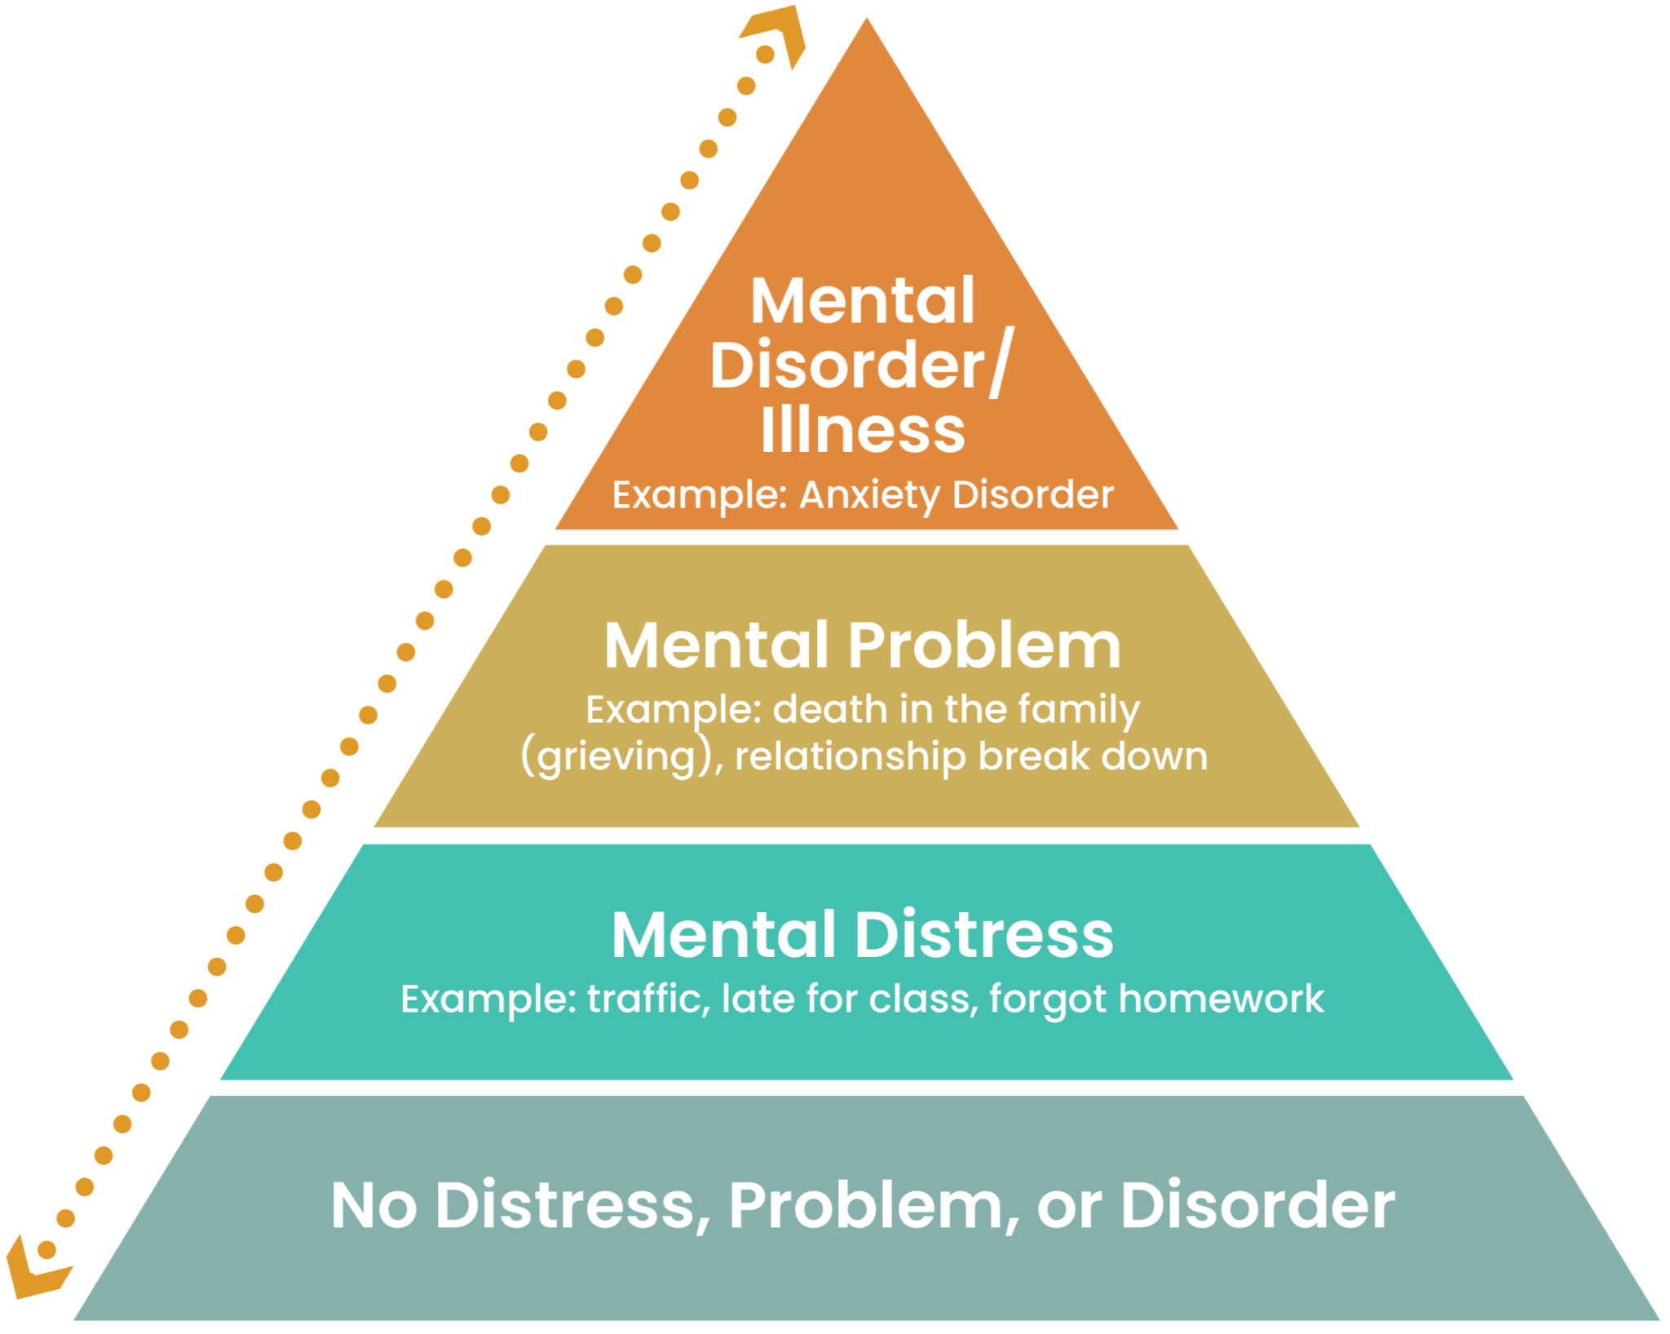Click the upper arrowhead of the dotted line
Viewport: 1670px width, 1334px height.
(x=777, y=33)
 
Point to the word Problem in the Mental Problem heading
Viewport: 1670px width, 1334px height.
(x=984, y=645)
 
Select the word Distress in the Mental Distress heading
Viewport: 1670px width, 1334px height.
(x=984, y=935)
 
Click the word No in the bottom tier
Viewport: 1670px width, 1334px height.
(x=373, y=1205)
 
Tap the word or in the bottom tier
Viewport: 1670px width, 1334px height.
(x=1069, y=1207)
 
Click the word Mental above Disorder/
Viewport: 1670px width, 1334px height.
(x=862, y=300)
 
